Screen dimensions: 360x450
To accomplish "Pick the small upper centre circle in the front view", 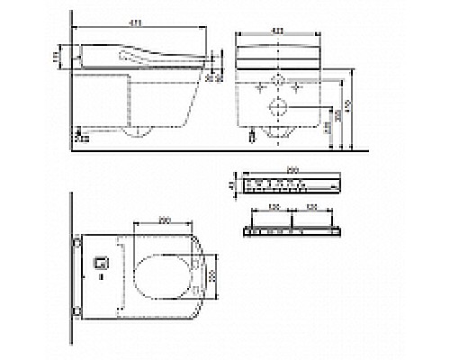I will (x=278, y=89).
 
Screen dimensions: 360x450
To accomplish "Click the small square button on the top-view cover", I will (x=102, y=265).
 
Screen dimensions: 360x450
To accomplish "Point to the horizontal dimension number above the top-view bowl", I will (x=163, y=219).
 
